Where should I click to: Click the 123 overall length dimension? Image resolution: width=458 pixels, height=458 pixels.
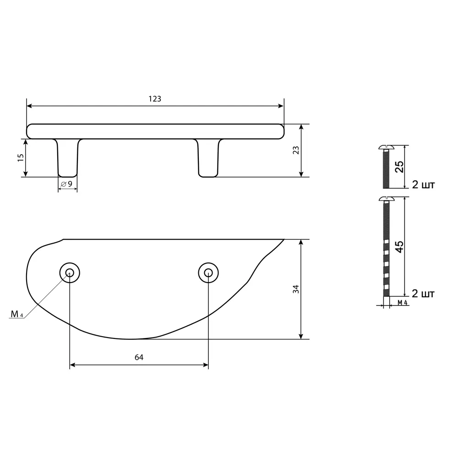[x=155, y=99]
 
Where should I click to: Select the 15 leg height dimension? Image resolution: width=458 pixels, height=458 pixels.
[x=21, y=158]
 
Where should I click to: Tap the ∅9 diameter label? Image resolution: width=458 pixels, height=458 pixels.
[x=67, y=184]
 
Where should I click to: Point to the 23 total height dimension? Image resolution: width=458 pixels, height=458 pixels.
[x=296, y=150]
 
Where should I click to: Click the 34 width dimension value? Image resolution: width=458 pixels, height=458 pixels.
[x=296, y=289]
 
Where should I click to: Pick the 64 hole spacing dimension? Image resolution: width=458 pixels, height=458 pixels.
[x=139, y=358]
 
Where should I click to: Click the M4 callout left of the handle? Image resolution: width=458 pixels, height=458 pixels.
[x=17, y=314]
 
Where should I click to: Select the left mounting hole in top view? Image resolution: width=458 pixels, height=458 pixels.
[x=70, y=273]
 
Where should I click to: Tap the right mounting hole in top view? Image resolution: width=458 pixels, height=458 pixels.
[x=208, y=273]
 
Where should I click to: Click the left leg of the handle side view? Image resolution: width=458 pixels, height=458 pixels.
[x=68, y=158]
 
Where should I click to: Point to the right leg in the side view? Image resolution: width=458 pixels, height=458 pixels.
[x=208, y=158]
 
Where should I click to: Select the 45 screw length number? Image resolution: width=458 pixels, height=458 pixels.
[x=399, y=246]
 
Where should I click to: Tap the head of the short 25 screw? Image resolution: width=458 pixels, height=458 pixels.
[x=386, y=148]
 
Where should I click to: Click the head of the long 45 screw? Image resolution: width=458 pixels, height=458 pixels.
[x=386, y=199]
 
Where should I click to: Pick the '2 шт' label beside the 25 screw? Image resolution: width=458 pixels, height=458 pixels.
[x=423, y=185]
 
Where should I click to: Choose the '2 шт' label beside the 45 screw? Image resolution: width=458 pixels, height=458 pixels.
[x=423, y=293]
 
